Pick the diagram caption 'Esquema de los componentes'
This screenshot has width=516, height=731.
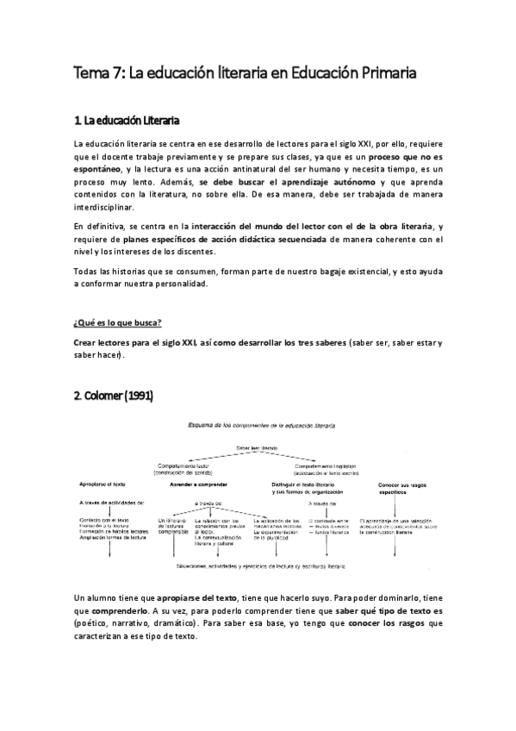tap(258, 427)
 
